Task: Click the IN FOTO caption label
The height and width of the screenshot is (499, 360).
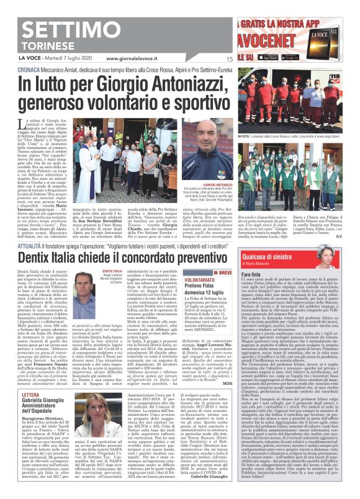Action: tap(246, 135)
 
